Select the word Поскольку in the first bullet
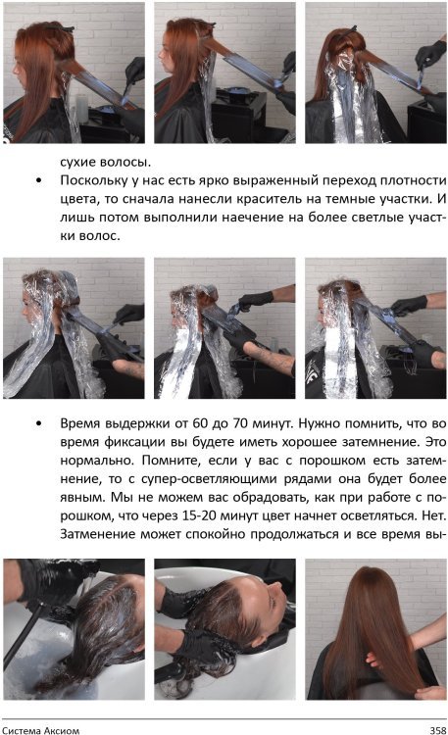click(x=94, y=181)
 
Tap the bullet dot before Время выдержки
click(x=37, y=424)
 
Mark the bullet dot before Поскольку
click(x=37, y=182)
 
